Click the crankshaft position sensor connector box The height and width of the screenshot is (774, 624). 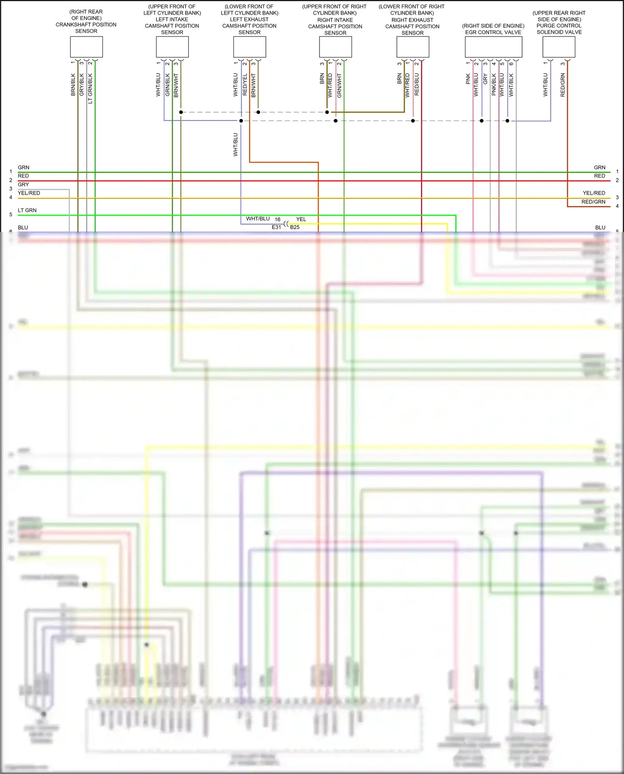click(86, 47)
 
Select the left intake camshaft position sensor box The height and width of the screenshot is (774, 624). click(172, 47)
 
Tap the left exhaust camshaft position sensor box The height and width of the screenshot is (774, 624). click(250, 47)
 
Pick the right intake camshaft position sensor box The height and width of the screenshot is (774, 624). click(335, 47)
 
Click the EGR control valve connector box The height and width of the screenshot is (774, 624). click(493, 47)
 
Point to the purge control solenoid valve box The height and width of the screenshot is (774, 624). click(559, 47)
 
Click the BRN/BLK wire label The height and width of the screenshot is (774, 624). click(73, 85)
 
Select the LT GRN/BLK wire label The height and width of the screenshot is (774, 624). click(90, 88)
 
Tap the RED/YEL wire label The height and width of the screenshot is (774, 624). click(245, 85)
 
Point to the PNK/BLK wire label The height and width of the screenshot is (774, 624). click(494, 85)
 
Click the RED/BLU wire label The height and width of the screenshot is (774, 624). click(417, 85)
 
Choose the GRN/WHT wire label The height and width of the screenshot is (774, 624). click(339, 86)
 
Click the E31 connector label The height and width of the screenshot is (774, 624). click(276, 227)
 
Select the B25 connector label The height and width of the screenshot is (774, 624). click(295, 227)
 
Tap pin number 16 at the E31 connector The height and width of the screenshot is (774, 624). click(277, 220)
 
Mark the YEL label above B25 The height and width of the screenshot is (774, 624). click(301, 219)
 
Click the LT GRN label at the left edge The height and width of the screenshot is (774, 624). click(27, 210)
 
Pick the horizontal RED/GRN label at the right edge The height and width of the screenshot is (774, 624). click(593, 202)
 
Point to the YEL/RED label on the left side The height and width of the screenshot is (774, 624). click(29, 193)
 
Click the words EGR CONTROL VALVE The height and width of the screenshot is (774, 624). click(493, 32)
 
